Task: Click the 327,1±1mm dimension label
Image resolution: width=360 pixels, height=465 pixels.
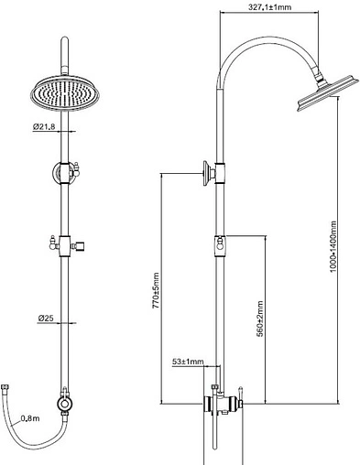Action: pos(269,7)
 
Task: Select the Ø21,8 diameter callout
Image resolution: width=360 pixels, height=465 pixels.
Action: pos(44,126)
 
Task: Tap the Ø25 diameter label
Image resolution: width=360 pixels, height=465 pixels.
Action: pos(46,319)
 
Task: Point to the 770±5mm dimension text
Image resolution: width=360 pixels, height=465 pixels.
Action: pos(156,290)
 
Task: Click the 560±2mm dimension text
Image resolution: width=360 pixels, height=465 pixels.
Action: pos(260,319)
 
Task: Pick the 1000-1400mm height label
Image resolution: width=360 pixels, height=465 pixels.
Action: pos(333,247)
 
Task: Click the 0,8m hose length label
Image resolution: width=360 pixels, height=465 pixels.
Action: pos(30,418)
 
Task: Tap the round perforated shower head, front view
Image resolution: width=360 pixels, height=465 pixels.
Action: pos(65,94)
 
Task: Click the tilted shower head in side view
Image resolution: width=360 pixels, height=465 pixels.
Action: pos(327,93)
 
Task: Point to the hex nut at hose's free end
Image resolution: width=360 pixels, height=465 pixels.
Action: pos(5,387)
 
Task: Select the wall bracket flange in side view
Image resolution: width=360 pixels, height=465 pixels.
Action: pos(206,173)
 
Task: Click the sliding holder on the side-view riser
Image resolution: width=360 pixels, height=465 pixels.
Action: pos(220,246)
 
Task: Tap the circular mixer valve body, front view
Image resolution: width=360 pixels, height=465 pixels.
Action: pos(65,405)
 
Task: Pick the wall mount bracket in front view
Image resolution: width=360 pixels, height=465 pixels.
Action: pos(64,173)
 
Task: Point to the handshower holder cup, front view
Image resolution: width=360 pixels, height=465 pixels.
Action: pos(78,246)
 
